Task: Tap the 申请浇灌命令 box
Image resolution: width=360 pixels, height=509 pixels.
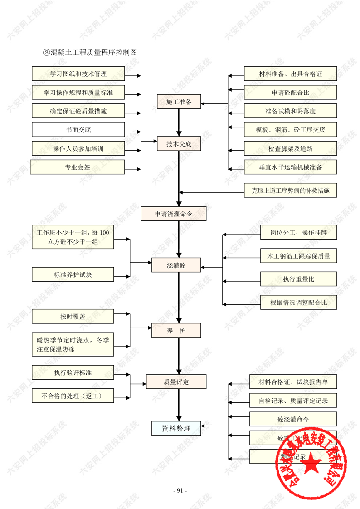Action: click(174, 214)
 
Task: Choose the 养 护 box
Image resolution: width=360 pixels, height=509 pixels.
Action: click(176, 330)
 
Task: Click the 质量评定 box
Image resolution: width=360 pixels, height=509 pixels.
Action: click(176, 382)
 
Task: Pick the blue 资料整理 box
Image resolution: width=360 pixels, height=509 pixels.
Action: click(176, 428)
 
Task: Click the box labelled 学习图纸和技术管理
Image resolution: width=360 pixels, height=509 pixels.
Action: click(78, 73)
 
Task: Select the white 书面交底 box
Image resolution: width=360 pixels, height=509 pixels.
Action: click(78, 130)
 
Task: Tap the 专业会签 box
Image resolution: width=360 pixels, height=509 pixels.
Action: click(78, 167)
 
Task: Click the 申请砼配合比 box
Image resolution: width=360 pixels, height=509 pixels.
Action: click(290, 93)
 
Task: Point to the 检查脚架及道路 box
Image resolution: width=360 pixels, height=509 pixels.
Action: click(290, 148)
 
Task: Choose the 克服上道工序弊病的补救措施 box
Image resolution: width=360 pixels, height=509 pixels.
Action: click(290, 191)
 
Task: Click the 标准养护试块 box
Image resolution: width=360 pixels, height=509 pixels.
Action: click(73, 274)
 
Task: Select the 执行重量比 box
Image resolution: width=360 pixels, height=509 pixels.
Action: click(298, 279)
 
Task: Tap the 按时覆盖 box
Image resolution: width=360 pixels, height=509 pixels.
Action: click(73, 317)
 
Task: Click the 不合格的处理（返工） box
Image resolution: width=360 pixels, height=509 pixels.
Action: click(73, 396)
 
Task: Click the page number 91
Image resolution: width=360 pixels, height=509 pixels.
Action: click(180, 490)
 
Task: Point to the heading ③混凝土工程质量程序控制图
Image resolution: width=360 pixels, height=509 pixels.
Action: click(90, 52)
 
